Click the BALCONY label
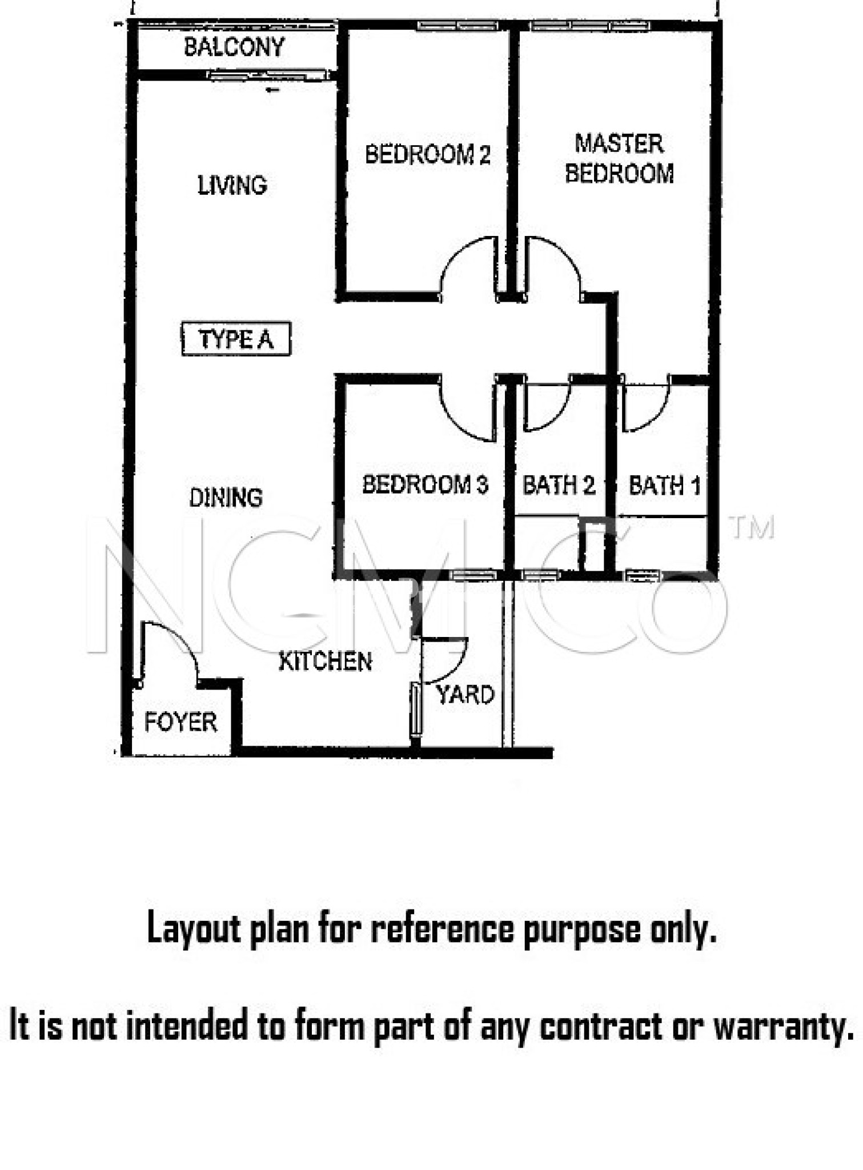point(234,47)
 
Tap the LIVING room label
point(232,185)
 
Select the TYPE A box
point(236,339)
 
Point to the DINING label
point(226,498)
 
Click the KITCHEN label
point(325,661)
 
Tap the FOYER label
point(180,722)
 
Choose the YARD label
point(465,695)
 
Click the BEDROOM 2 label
point(428,154)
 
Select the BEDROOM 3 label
point(426,484)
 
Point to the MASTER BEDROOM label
point(620,158)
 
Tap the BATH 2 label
point(559,486)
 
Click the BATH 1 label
point(664,486)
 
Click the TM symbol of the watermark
point(752,527)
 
